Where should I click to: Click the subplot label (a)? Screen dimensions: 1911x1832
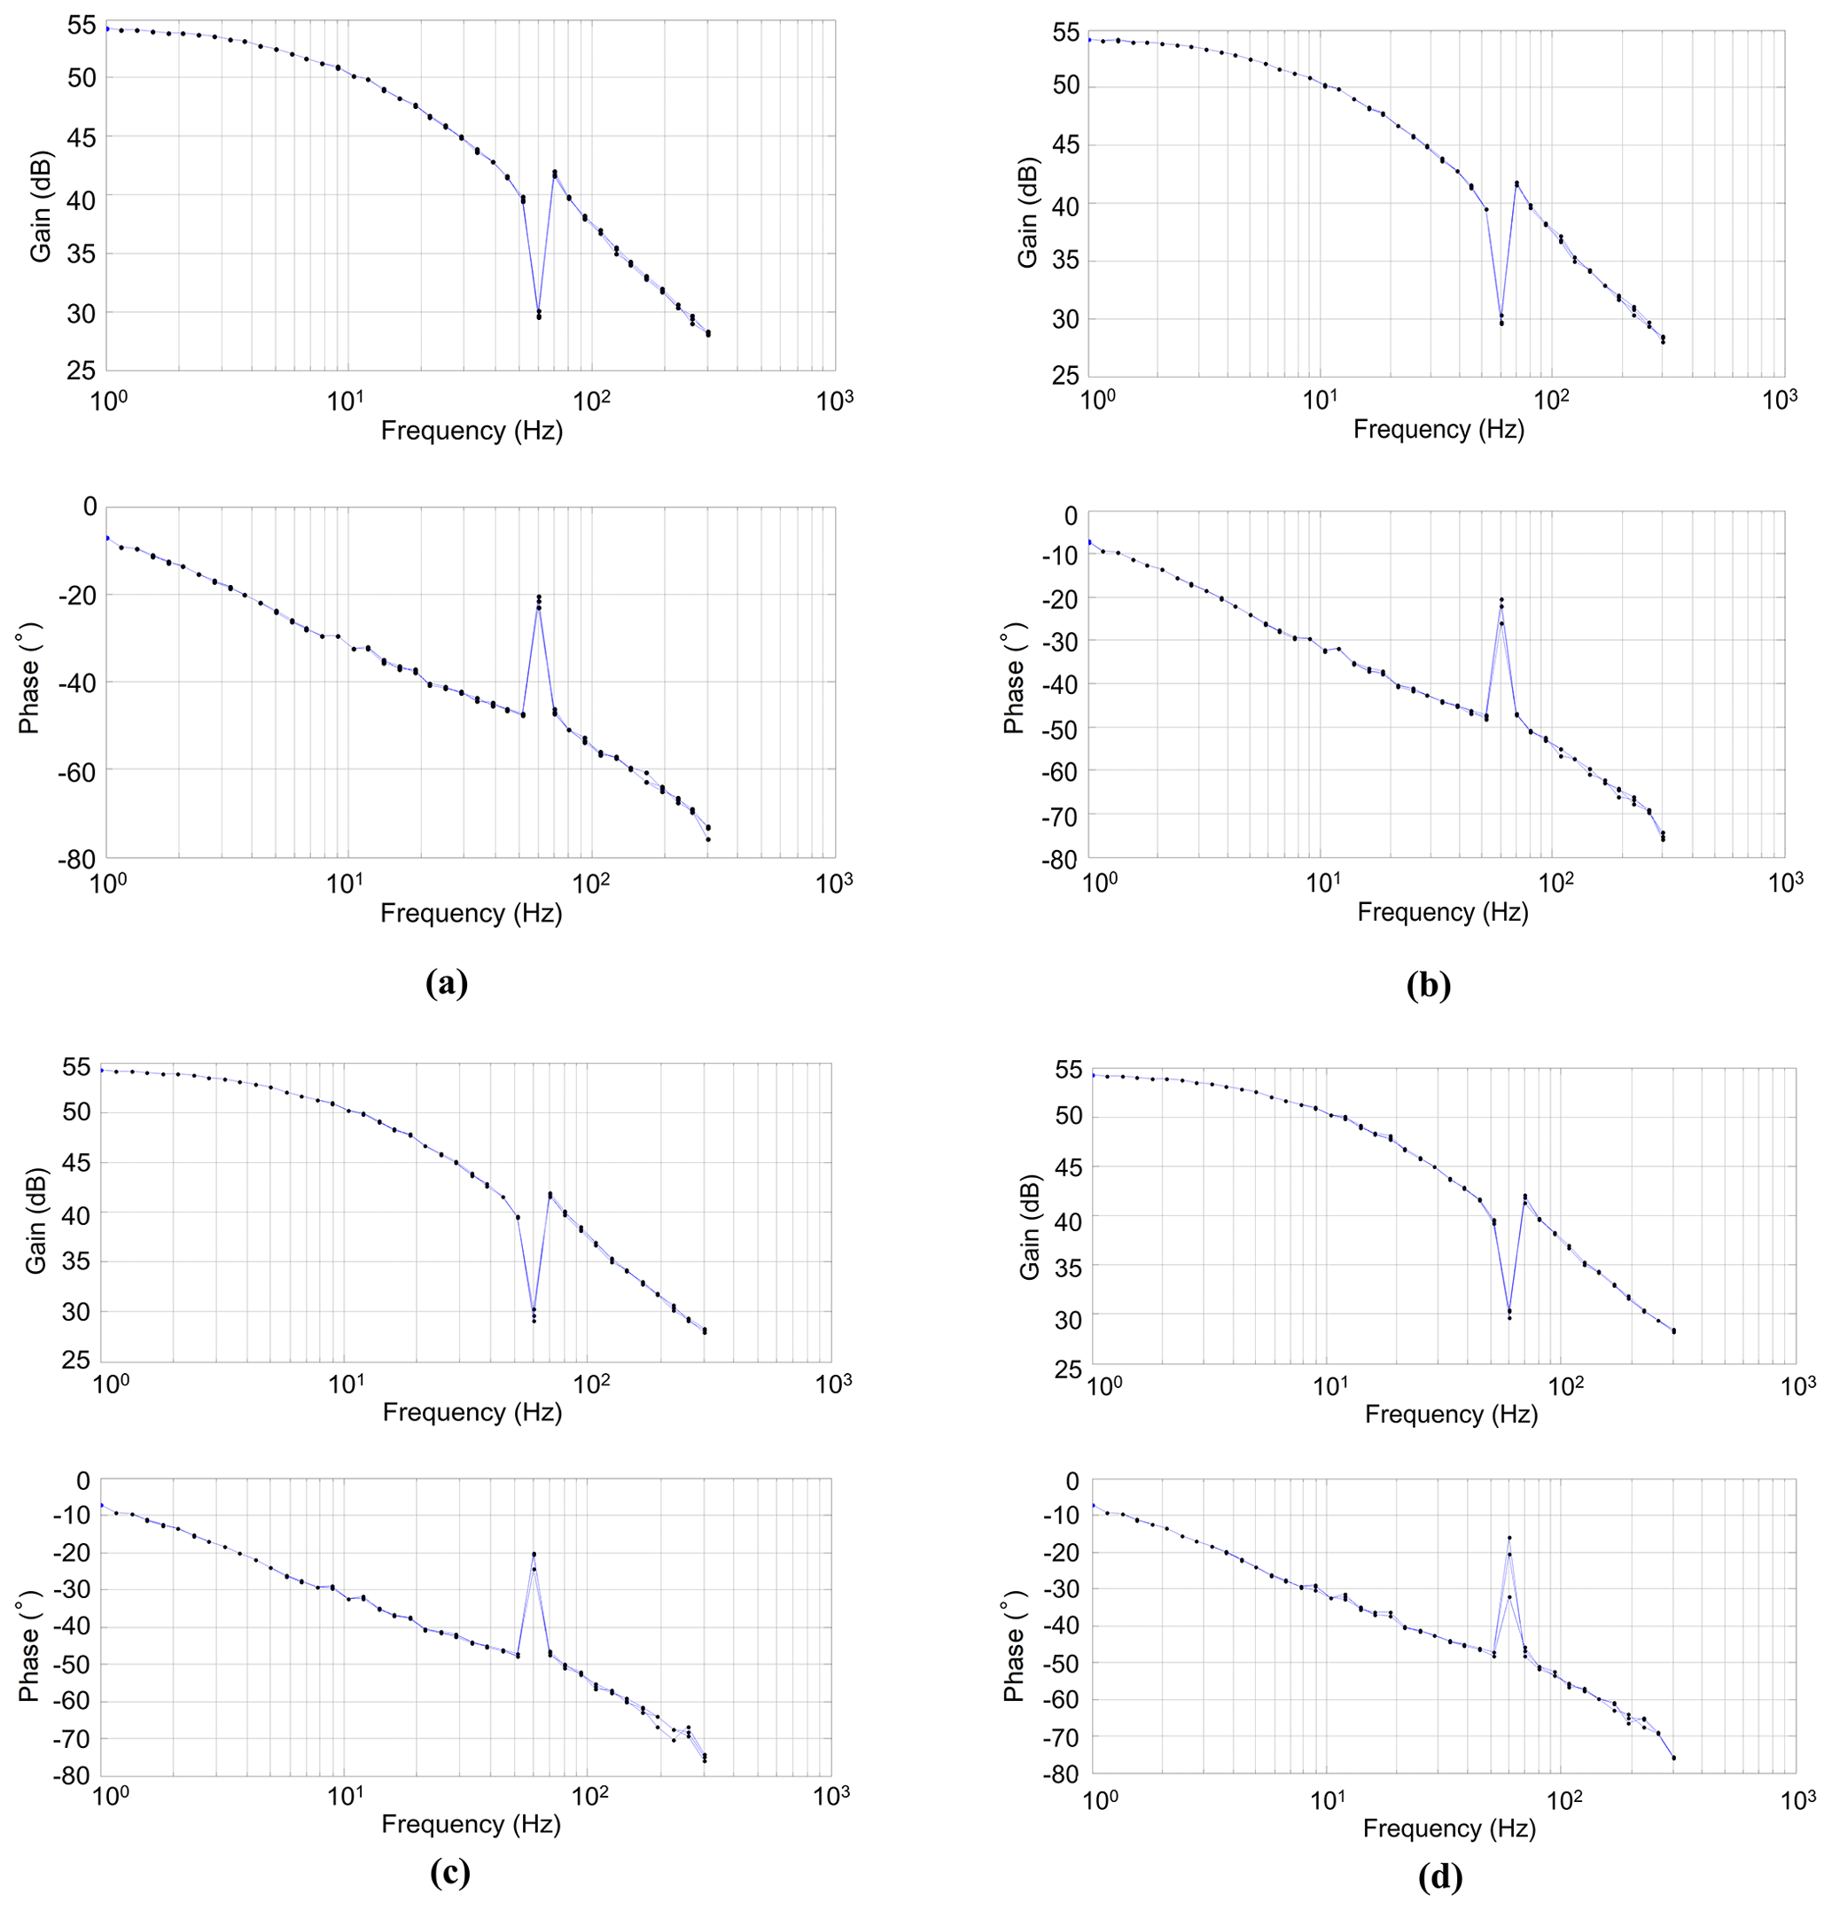448,983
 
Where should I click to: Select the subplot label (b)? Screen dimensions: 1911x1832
1429,986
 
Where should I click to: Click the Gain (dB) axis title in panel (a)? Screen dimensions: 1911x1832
40,208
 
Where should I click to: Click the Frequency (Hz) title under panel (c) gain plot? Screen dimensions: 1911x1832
472,1412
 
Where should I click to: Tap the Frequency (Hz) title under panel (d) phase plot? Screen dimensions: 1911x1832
1449,1828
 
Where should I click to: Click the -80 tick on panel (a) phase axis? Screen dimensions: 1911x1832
77,858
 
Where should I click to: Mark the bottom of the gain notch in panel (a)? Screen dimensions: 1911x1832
538,315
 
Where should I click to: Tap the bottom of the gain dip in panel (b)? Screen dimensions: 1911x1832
1501,320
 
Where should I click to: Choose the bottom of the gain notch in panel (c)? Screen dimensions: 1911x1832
534,1317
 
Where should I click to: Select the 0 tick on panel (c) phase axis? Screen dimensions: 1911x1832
82,1481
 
